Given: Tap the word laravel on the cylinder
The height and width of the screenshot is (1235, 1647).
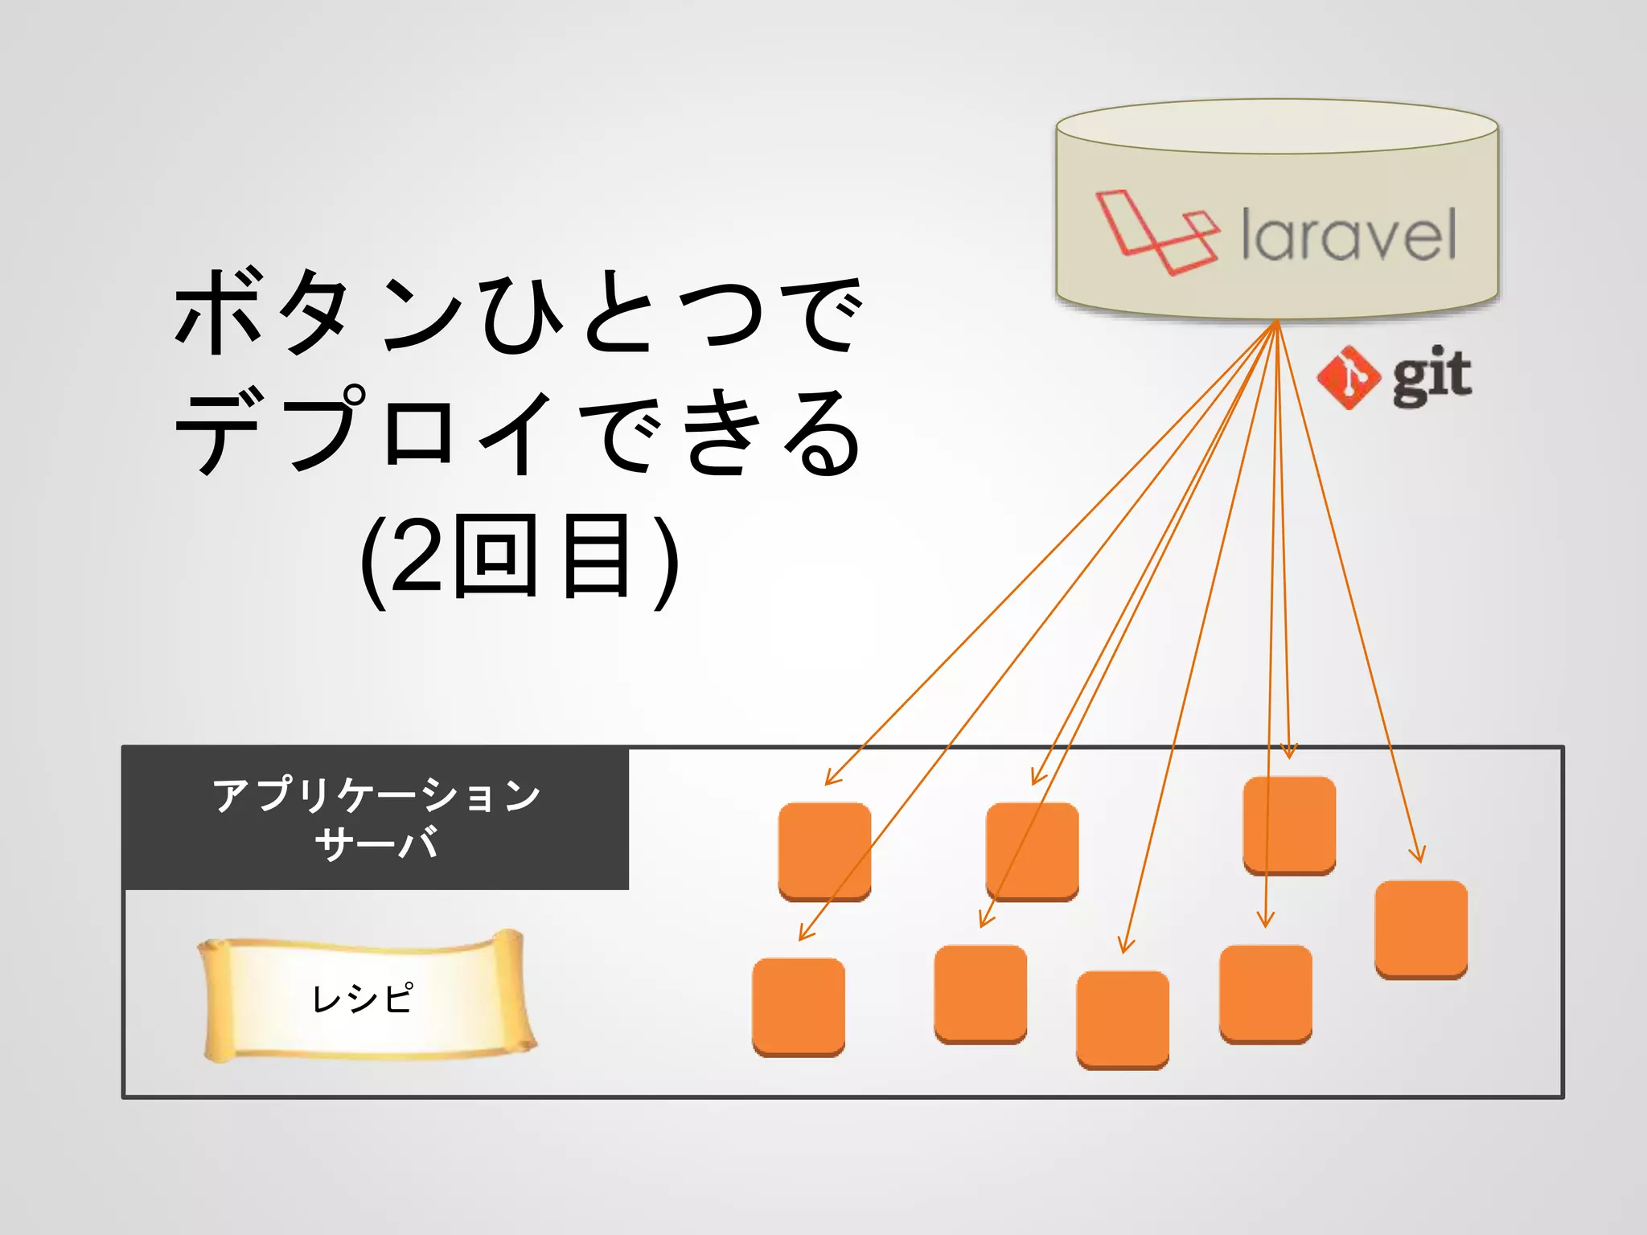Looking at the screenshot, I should (1349, 235).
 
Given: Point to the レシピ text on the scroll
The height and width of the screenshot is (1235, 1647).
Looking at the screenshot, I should (363, 999).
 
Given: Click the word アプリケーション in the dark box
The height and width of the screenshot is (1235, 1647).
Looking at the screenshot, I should (376, 794).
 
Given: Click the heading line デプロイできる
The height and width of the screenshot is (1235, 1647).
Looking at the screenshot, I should (519, 431).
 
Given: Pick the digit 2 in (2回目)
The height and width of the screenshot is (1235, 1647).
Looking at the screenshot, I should (419, 556).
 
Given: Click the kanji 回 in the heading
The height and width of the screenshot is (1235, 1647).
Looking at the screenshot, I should (496, 556).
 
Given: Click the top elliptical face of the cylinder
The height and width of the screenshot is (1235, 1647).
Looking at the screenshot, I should (1276, 126).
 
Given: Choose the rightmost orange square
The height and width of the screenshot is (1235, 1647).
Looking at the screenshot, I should (1421, 929).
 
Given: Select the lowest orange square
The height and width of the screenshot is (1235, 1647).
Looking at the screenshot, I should (1123, 1020).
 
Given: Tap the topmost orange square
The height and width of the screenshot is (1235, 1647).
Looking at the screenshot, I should (1289, 824).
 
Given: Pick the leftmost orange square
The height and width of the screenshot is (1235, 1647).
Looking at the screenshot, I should (799, 1007).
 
